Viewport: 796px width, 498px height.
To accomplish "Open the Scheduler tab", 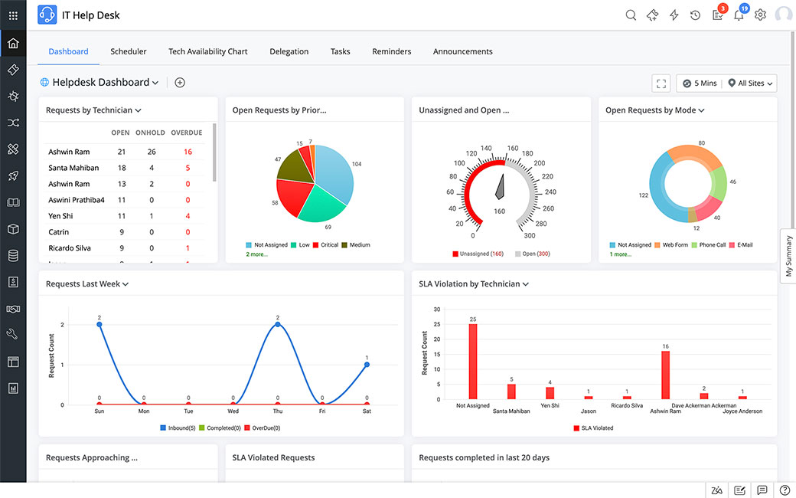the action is point(128,51).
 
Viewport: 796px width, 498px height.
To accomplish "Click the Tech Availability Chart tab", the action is point(207,51).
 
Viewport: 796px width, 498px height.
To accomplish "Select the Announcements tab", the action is point(462,51).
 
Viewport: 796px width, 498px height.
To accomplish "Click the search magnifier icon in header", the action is point(631,15).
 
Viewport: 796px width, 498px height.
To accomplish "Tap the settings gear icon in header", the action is point(760,15).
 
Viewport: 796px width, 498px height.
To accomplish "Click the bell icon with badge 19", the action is point(739,15).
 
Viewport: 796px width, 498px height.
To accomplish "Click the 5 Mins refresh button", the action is point(699,83).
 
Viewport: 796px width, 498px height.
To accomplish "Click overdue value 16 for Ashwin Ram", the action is point(188,152).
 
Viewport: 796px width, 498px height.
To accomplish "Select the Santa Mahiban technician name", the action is point(73,168).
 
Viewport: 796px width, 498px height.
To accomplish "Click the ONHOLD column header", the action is point(150,133).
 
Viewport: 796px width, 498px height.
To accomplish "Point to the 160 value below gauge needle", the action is point(499,211).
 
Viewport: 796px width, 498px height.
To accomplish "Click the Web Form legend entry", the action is point(674,245).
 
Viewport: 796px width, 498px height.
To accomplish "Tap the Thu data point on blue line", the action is point(277,324).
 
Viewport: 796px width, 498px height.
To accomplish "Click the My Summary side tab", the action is point(788,256).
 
